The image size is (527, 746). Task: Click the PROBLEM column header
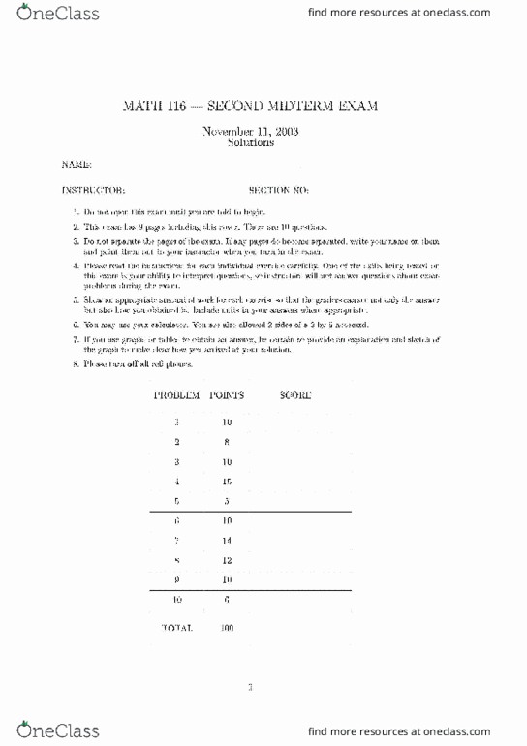click(176, 395)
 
